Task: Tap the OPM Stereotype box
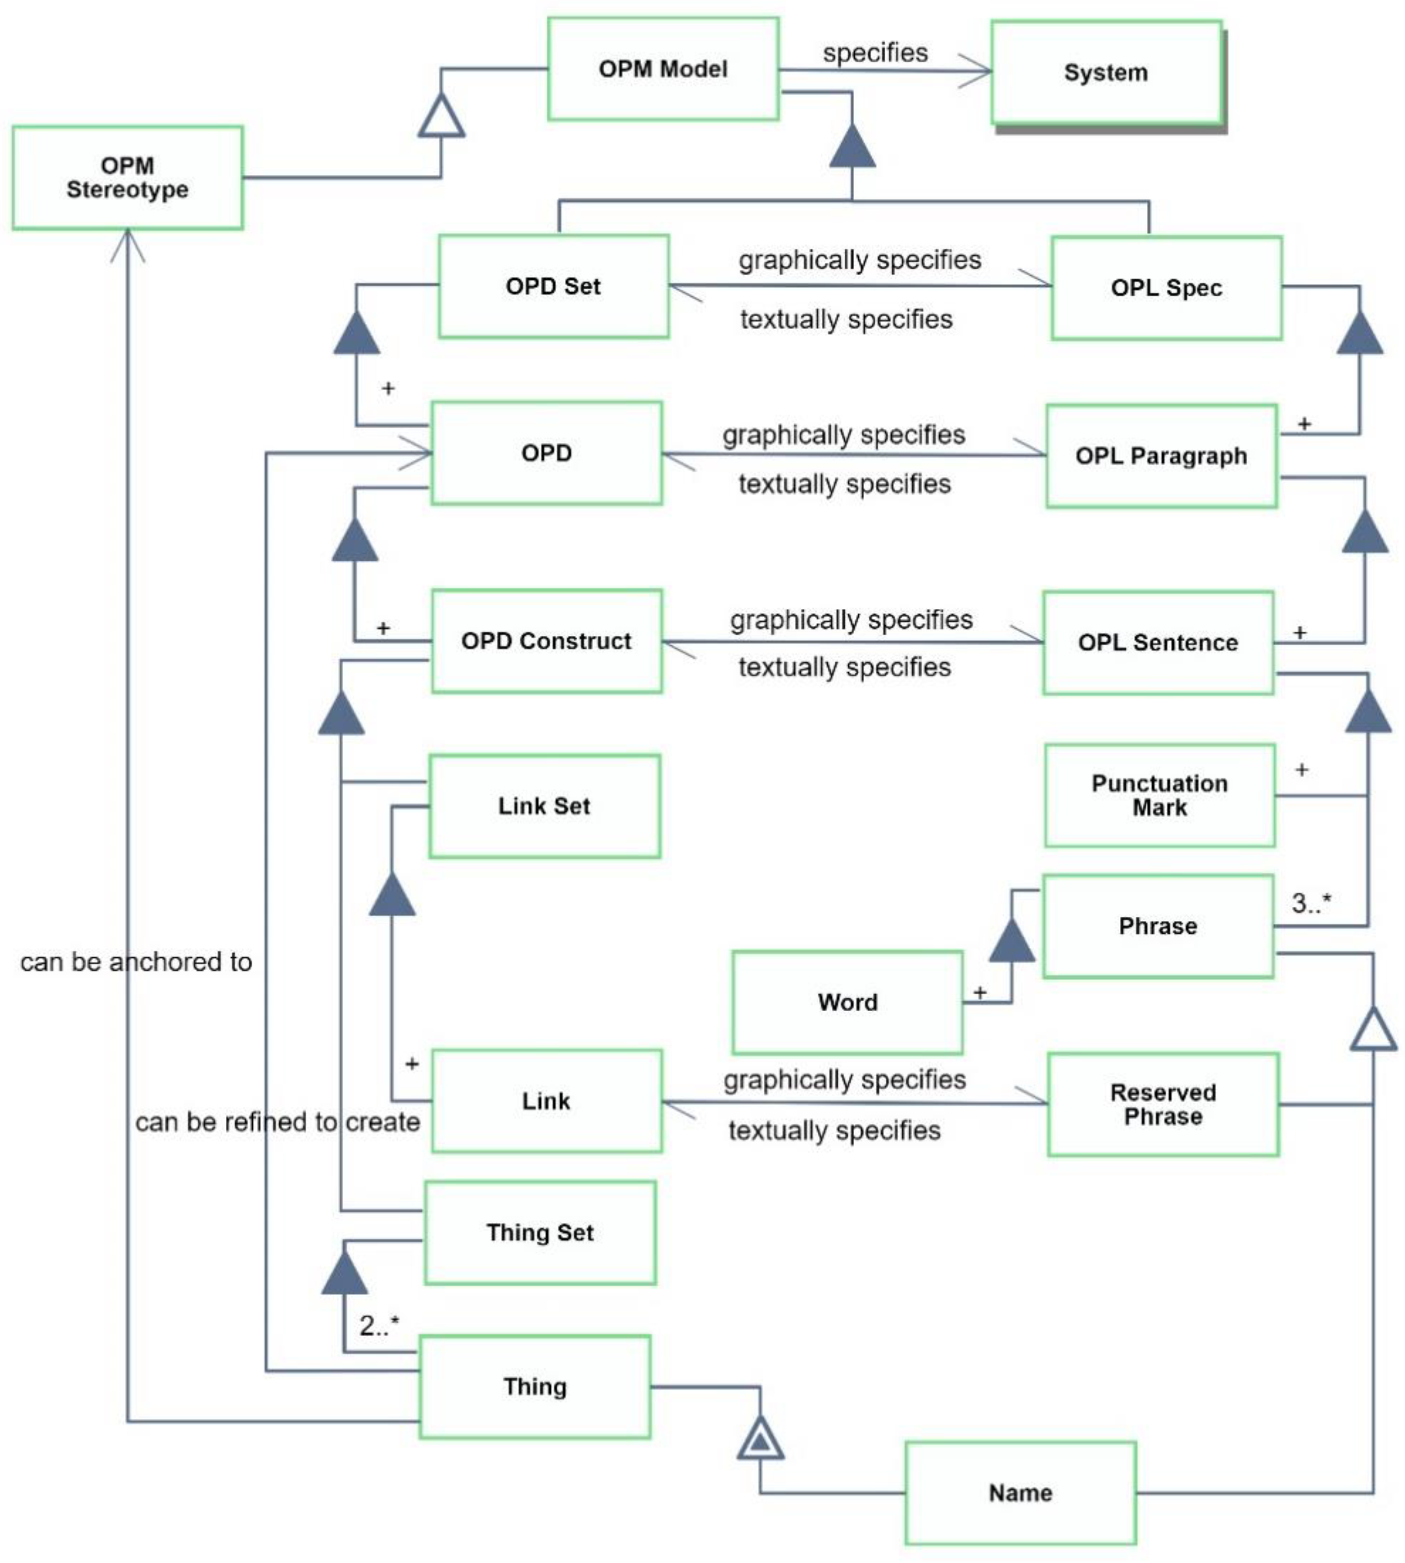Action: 127,178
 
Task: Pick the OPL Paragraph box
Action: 1161,456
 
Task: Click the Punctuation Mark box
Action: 1159,795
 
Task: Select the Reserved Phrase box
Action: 1163,1105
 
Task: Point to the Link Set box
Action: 544,806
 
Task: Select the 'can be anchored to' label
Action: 136,962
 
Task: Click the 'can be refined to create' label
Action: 277,1121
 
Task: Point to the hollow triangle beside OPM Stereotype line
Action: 441,117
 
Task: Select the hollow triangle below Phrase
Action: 1373,1030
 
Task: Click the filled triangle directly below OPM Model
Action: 852,147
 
